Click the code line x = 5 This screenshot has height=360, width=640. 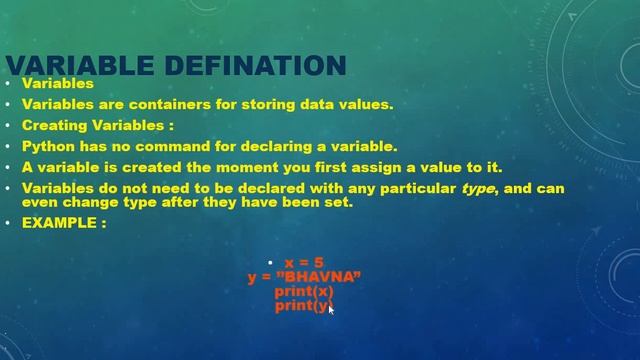[x=304, y=263]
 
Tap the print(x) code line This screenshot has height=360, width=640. [x=304, y=292]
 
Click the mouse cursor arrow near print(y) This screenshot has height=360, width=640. [x=330, y=309]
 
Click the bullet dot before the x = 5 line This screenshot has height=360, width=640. [x=270, y=263]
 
